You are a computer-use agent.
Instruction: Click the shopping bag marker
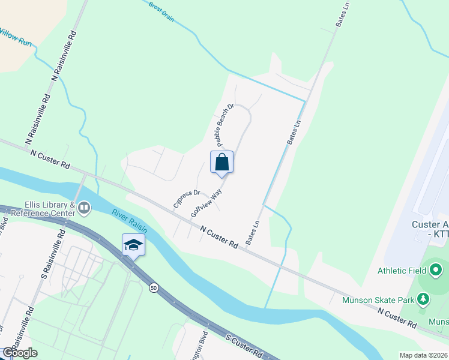(221, 162)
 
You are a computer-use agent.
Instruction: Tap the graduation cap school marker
(133, 245)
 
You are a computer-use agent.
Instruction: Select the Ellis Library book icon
(83, 208)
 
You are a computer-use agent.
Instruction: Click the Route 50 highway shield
(154, 289)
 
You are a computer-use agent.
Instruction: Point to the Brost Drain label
(161, 11)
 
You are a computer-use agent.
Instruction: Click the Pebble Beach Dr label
(224, 125)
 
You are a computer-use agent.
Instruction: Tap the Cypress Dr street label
(186, 199)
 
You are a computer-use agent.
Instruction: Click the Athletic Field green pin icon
(436, 269)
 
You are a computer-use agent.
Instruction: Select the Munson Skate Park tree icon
(424, 299)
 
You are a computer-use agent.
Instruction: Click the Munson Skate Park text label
(379, 301)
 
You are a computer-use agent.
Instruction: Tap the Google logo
(20, 353)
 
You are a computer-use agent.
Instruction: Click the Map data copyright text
(424, 355)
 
